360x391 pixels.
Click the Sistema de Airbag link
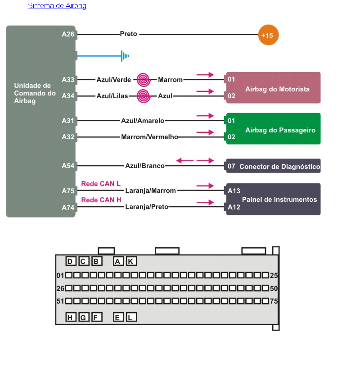(x=57, y=6)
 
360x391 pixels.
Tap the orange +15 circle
(x=268, y=35)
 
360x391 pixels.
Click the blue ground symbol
(x=125, y=56)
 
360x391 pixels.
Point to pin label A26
(x=68, y=34)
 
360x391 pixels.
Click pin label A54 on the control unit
(x=68, y=166)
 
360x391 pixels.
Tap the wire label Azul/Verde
(x=113, y=80)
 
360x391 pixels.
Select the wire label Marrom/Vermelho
(x=149, y=137)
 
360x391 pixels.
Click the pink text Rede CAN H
(x=101, y=200)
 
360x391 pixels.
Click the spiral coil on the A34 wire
(x=143, y=96)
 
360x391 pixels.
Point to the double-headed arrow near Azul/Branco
(x=195, y=160)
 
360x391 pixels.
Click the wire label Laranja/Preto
(x=147, y=207)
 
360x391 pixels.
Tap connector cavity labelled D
(x=71, y=261)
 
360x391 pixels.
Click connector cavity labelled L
(x=131, y=318)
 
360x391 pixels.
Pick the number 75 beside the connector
(x=274, y=301)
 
